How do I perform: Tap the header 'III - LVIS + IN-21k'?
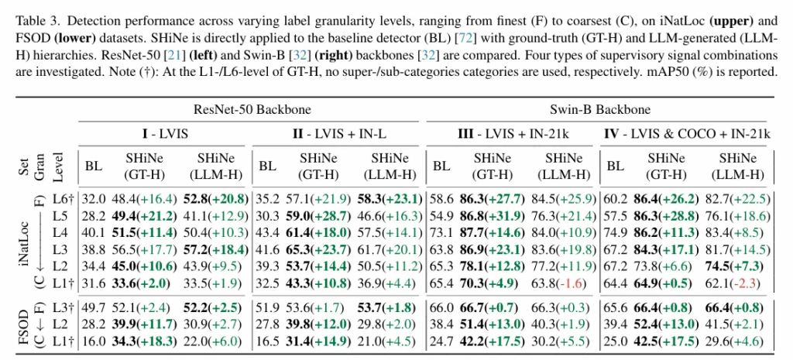click(511, 133)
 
